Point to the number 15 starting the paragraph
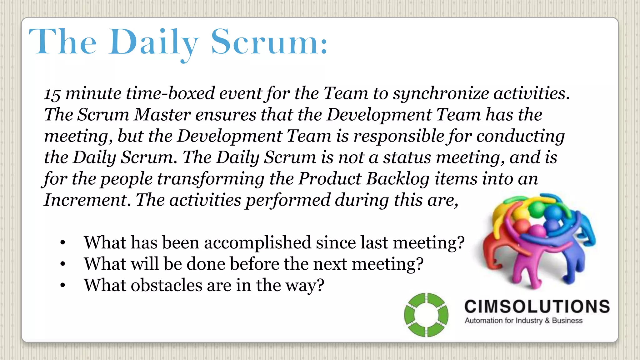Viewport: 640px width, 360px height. click(52, 94)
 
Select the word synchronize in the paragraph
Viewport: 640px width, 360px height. click(441, 93)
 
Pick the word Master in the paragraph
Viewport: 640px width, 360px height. click(162, 115)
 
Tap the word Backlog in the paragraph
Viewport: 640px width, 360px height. click(397, 179)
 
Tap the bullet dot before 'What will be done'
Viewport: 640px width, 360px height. click(63, 264)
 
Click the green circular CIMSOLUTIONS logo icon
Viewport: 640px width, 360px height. click(426, 315)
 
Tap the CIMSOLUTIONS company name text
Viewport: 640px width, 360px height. click(537, 307)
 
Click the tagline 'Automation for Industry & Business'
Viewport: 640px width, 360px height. click(523, 321)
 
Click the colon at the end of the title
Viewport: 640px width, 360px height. click(324, 47)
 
